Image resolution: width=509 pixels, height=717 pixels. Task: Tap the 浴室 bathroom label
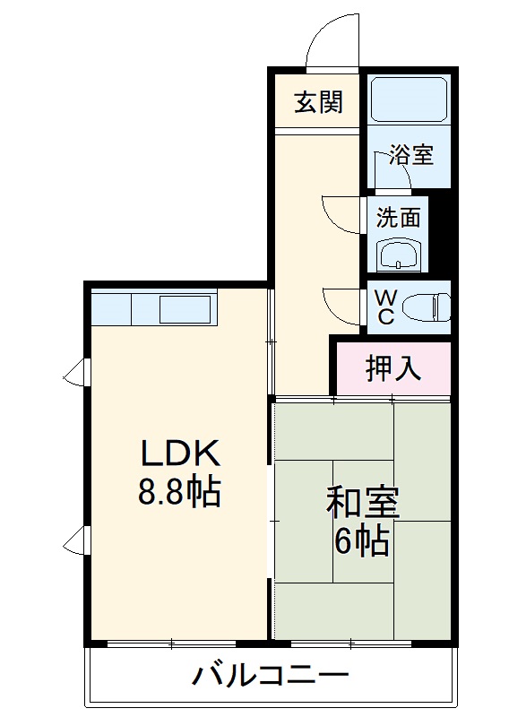tap(411, 154)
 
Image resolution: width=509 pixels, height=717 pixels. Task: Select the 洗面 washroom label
tap(398, 218)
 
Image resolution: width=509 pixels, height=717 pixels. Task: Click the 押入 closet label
tap(393, 367)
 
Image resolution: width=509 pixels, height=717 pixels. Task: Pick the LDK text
tap(178, 454)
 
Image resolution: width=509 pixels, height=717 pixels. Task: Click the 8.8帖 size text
tap(179, 493)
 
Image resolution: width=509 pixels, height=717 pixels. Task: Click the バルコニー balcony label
tap(269, 675)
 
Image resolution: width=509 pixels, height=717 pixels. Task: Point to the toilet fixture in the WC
tap(425, 307)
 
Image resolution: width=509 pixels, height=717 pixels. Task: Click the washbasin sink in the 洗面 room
tap(398, 256)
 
